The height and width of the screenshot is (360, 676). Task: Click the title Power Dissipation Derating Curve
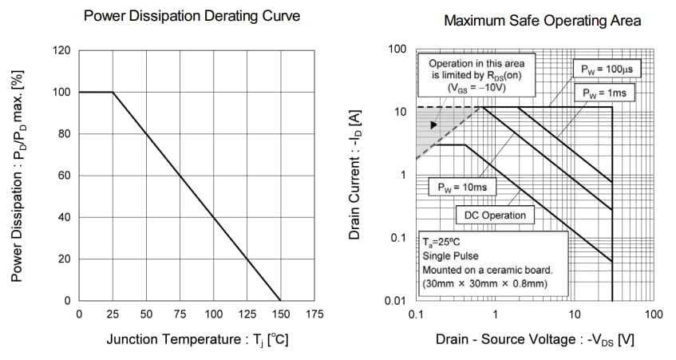coord(192,16)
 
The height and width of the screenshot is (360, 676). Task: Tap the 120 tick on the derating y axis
coord(62,51)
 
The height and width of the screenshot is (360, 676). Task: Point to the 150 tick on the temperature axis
coord(281,315)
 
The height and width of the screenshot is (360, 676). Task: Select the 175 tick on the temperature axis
coord(314,315)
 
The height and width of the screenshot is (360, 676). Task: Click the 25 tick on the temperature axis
coord(113,315)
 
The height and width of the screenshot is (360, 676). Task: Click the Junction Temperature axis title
coord(197,339)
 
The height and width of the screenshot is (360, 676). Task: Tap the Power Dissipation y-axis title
coord(18,175)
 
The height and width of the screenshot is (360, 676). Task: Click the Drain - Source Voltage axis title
coord(535,339)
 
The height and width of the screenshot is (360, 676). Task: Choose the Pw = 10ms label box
coord(462,188)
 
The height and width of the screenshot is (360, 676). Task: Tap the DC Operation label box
coord(495,215)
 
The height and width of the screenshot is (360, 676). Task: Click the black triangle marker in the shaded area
coord(433,125)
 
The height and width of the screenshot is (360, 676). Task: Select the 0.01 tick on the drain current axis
coord(397,301)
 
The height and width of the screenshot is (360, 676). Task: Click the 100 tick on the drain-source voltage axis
coord(652,315)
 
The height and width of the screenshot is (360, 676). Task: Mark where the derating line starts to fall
coord(113,93)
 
